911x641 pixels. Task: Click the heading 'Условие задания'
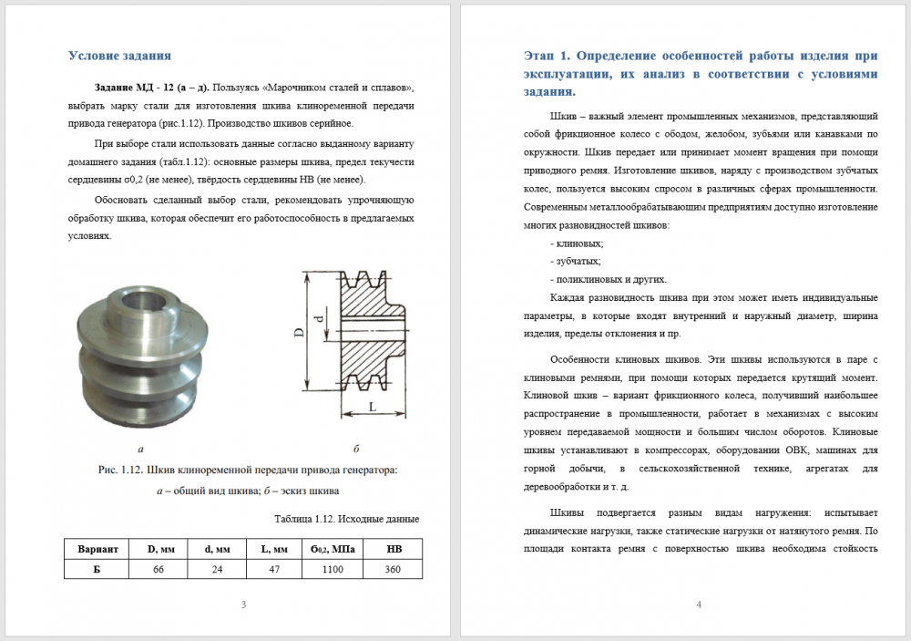(x=119, y=55)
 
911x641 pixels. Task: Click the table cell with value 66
(x=158, y=568)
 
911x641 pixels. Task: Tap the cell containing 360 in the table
(x=394, y=568)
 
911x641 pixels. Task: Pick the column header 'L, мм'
(x=275, y=549)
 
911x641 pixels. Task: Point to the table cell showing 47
(x=275, y=568)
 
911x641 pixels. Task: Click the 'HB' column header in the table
(x=394, y=549)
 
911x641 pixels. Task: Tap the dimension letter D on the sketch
(x=298, y=334)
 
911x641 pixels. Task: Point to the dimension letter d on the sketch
(x=318, y=319)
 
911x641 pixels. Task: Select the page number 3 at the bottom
(x=242, y=605)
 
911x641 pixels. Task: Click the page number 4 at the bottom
(x=697, y=605)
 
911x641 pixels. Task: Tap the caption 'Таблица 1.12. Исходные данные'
(x=346, y=519)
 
